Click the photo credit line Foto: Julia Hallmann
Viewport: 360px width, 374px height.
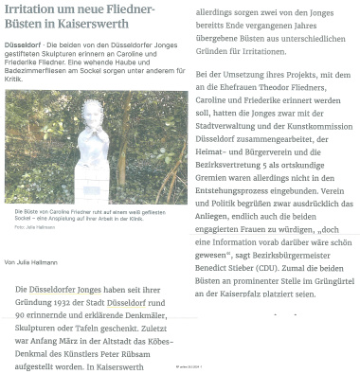pyautogui.click(x=35, y=228)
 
